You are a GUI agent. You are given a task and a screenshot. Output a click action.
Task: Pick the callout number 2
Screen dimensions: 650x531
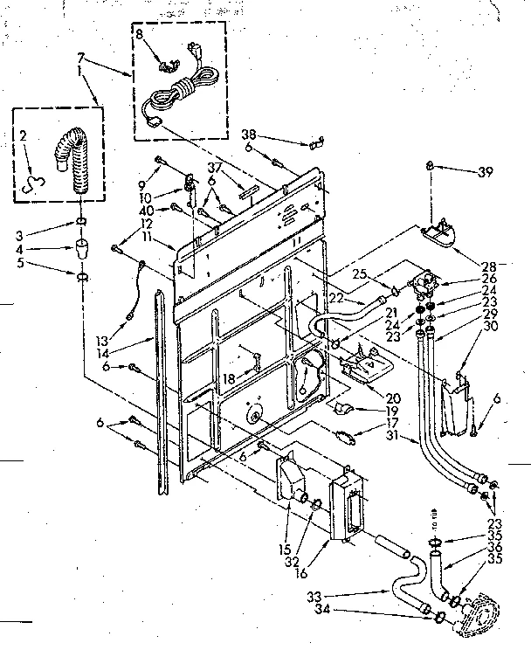pos(24,135)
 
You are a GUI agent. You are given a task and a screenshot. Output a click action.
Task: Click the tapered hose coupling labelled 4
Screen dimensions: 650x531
pos(79,246)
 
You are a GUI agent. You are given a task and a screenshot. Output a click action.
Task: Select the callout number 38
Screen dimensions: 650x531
pos(249,135)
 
